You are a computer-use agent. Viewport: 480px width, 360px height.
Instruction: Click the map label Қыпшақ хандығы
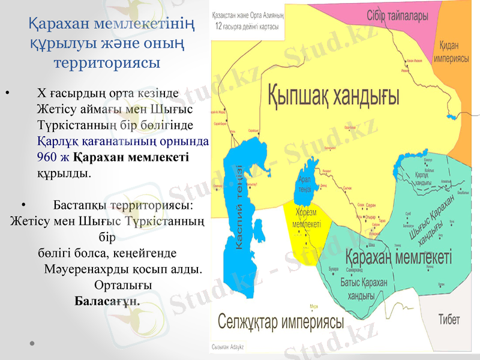click(x=333, y=94)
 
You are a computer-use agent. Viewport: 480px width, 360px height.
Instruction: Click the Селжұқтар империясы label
click(x=281, y=322)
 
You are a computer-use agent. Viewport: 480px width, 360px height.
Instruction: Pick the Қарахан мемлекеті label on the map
click(x=399, y=258)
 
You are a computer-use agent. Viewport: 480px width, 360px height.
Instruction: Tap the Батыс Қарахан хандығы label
click(x=364, y=289)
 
